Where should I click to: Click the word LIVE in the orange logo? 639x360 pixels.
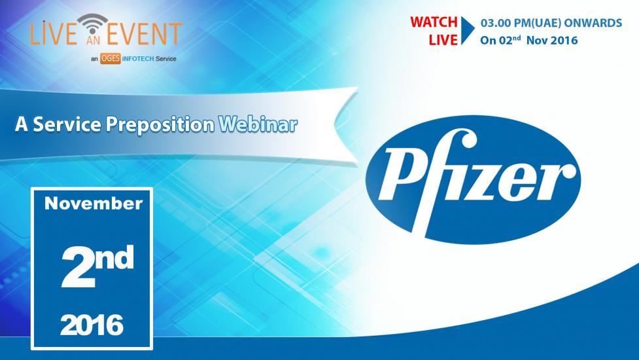pyautogui.click(x=54, y=33)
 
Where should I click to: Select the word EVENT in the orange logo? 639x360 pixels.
pyautogui.click(x=145, y=33)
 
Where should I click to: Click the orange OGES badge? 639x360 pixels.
pyautogui.click(x=111, y=59)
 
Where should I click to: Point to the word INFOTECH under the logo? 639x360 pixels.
pyautogui.click(x=138, y=59)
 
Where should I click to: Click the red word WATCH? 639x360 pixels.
pyautogui.click(x=434, y=22)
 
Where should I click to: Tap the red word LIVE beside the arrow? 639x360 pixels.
pyautogui.click(x=443, y=40)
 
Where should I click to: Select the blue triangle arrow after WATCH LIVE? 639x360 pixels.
pyautogui.click(x=468, y=31)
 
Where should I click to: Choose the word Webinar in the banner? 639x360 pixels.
pyautogui.click(x=258, y=124)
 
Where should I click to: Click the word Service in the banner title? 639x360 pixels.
pyautogui.click(x=67, y=124)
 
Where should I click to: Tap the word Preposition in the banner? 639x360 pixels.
pyautogui.click(x=160, y=125)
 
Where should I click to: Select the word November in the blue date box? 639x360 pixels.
pyautogui.click(x=94, y=204)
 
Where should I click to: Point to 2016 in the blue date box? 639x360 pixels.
pyautogui.click(x=92, y=325)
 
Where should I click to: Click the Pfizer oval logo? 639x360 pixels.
pyautogui.click(x=473, y=180)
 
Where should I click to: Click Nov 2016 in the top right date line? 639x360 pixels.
pyautogui.click(x=552, y=41)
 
